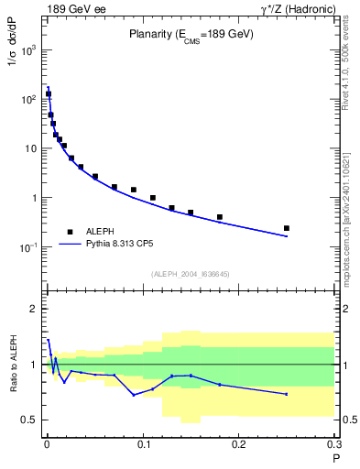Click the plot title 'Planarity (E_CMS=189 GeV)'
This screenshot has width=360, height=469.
tap(191, 34)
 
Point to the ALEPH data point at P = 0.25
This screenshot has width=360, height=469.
tap(287, 228)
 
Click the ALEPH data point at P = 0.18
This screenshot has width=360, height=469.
tap(220, 217)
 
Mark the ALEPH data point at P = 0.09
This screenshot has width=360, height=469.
tap(134, 190)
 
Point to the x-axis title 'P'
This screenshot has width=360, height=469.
tap(335, 458)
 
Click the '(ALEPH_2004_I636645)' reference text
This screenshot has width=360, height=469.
tap(191, 274)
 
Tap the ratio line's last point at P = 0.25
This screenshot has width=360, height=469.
tap(287, 394)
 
